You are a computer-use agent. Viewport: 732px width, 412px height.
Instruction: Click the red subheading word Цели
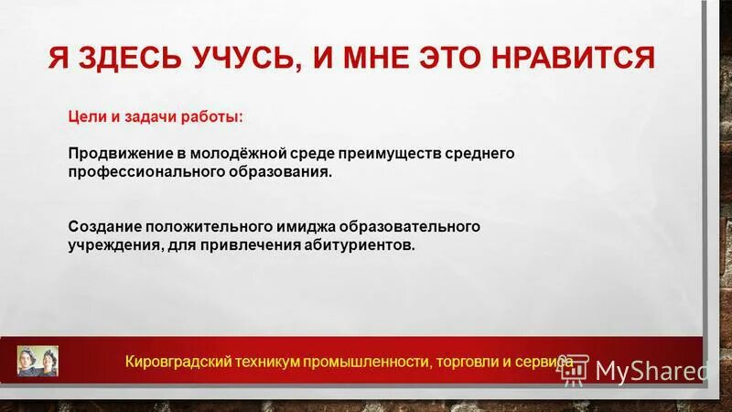click(85, 117)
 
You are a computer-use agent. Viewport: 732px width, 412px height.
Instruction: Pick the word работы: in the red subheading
click(212, 117)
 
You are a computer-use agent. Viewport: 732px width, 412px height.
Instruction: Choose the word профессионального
click(137, 172)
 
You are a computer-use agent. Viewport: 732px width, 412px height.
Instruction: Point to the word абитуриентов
click(364, 244)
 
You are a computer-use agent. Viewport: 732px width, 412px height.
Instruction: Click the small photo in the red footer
click(38, 361)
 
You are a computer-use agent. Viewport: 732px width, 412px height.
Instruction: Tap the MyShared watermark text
click(651, 370)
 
